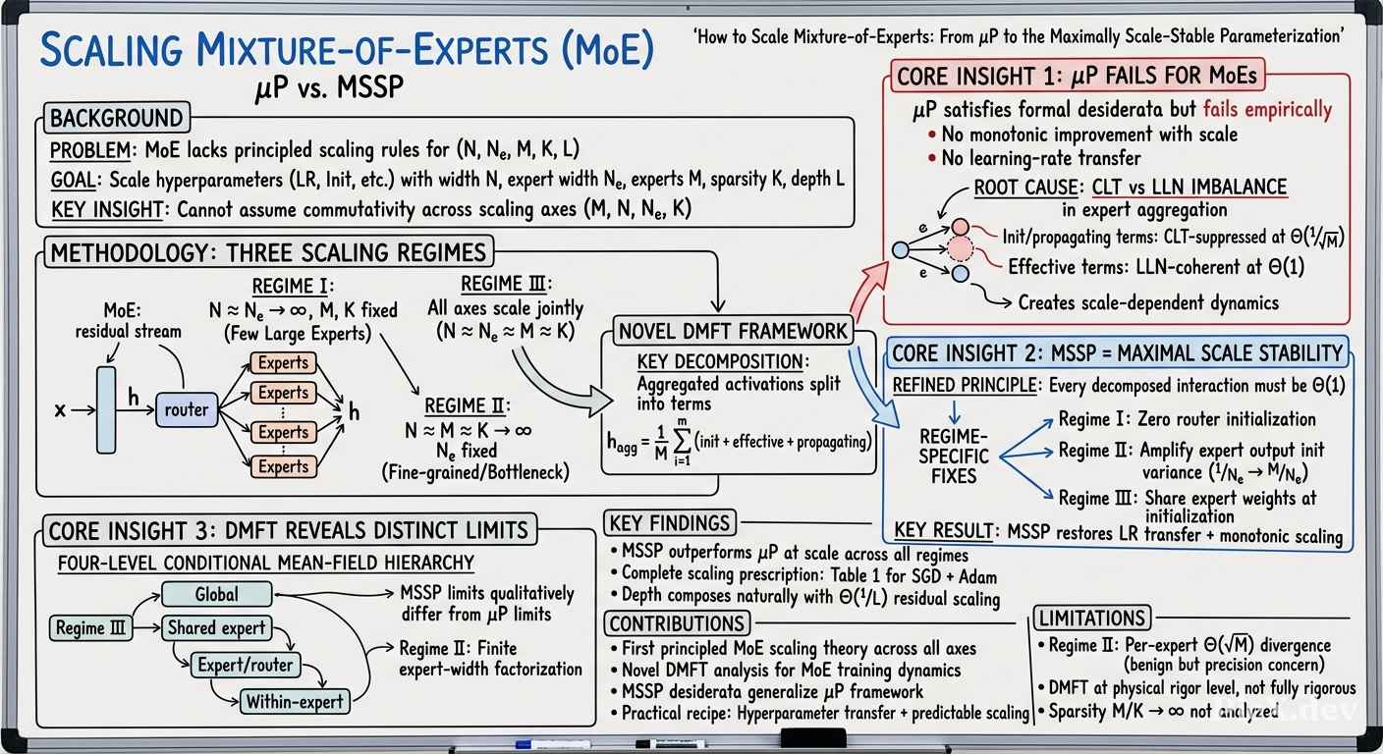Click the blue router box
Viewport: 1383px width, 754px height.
coord(187,409)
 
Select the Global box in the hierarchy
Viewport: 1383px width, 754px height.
coord(217,594)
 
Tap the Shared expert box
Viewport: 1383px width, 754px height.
coord(217,628)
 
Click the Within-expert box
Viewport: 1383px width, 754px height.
coord(295,702)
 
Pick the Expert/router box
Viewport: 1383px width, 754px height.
coord(246,665)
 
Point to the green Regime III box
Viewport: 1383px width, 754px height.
coord(90,628)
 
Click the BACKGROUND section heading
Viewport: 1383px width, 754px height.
coord(117,118)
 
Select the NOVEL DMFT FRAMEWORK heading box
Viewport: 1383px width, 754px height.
coord(733,331)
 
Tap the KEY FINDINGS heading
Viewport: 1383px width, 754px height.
coord(670,523)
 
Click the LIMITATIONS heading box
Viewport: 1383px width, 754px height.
coord(1092,618)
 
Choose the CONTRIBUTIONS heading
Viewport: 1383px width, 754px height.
coord(677,623)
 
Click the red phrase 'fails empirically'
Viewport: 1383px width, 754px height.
coord(1267,109)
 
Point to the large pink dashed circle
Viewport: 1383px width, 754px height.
coord(960,249)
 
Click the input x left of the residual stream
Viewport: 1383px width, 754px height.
coord(60,409)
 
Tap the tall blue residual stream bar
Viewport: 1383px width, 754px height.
coord(106,410)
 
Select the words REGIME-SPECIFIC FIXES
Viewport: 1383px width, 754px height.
coord(954,457)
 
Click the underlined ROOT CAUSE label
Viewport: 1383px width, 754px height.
coord(1026,187)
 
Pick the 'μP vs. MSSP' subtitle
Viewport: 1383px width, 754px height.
coord(330,87)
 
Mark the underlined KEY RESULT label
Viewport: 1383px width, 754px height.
coord(944,530)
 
